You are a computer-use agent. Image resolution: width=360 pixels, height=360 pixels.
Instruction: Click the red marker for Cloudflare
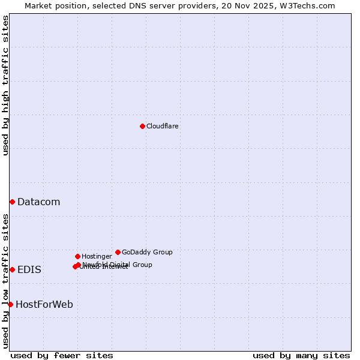click(x=142, y=126)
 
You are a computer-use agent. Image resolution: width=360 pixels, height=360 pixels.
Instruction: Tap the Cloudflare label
click(x=162, y=126)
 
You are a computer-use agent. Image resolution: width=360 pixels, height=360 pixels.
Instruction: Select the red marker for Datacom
click(x=12, y=202)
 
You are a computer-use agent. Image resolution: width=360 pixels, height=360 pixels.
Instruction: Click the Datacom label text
click(x=38, y=202)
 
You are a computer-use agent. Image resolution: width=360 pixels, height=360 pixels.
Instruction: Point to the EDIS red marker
click(x=12, y=269)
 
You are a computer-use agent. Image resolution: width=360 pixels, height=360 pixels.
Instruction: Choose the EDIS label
click(x=29, y=270)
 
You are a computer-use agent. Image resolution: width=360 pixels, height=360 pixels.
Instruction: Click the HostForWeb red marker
click(x=10, y=304)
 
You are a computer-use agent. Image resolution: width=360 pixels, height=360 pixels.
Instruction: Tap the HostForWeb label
click(x=44, y=305)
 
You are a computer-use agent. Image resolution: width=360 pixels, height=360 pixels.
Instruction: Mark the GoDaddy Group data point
click(x=118, y=252)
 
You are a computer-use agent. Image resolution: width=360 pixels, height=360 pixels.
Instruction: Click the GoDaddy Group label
click(x=147, y=252)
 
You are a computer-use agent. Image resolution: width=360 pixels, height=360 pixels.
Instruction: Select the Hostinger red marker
click(x=77, y=256)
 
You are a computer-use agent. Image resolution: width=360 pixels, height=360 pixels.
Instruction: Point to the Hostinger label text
click(x=97, y=256)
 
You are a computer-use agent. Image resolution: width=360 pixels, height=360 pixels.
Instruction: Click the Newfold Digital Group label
click(x=118, y=264)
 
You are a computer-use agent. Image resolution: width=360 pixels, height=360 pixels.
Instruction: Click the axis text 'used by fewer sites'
click(x=62, y=355)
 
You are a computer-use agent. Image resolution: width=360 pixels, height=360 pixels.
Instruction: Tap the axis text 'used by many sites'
click(x=301, y=355)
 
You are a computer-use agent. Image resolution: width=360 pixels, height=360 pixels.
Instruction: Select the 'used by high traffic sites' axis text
click(x=5, y=85)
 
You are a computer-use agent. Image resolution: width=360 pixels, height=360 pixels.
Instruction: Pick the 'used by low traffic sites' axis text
click(x=5, y=280)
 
